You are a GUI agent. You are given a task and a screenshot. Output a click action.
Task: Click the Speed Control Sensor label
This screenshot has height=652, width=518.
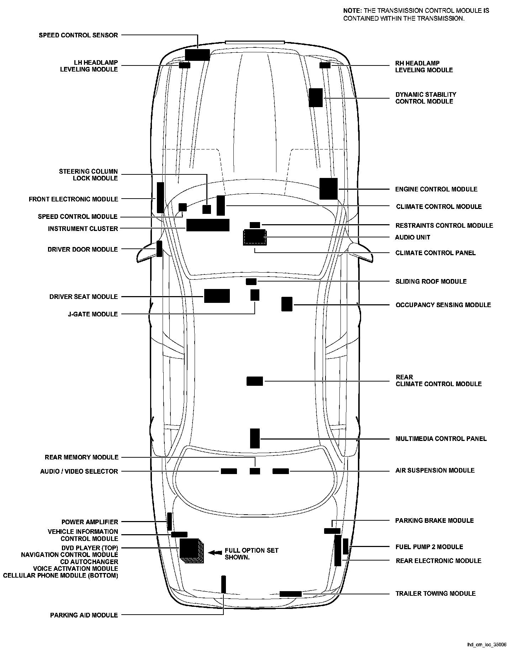coord(78,35)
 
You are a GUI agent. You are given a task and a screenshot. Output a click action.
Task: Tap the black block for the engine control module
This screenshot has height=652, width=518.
coord(328,189)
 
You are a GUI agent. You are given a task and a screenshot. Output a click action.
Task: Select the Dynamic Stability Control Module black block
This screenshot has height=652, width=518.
coord(316,98)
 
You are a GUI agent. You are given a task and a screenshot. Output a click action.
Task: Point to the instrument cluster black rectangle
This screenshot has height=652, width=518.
coord(208,225)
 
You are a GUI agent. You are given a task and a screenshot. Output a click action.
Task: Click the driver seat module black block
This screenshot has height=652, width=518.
coord(217,296)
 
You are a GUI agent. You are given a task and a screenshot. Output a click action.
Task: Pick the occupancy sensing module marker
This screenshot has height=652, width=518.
coord(287,304)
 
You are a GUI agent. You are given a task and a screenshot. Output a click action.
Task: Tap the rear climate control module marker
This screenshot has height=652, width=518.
coord(255,381)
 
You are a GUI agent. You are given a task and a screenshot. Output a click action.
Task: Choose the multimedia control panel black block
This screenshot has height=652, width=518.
coord(255,438)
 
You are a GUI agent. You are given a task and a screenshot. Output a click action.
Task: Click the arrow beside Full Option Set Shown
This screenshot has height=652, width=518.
coord(215,553)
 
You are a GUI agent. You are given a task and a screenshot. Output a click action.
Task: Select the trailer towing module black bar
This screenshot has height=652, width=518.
coord(290,594)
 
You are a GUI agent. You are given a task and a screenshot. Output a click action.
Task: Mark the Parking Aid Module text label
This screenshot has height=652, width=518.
coord(84,615)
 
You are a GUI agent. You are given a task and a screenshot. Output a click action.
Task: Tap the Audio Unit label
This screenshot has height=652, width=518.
coord(413,237)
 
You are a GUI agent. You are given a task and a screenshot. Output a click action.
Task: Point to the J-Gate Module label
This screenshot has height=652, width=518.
coord(93,314)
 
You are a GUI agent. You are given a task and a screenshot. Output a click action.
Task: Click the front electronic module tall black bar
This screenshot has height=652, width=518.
coord(160,198)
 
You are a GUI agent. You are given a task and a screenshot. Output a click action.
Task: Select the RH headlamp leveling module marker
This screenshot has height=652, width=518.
coord(325,65)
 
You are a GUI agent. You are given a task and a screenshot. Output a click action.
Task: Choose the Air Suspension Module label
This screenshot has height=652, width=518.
coord(435,470)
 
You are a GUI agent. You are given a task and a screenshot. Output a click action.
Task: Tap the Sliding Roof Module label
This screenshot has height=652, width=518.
coord(431,282)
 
